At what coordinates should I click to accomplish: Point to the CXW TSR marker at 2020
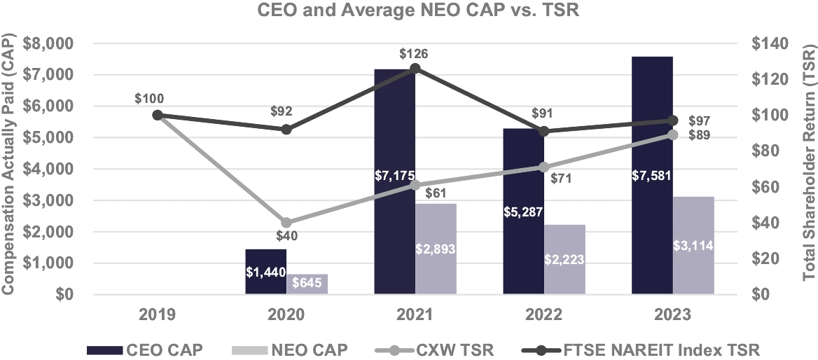[286, 223]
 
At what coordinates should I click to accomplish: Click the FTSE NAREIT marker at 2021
[415, 68]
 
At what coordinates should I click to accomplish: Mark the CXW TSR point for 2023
[672, 134]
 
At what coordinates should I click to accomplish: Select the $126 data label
[415, 53]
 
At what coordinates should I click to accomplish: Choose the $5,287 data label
[524, 211]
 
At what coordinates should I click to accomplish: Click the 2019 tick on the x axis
[157, 314]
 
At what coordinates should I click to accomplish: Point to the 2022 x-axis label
[543, 314]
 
